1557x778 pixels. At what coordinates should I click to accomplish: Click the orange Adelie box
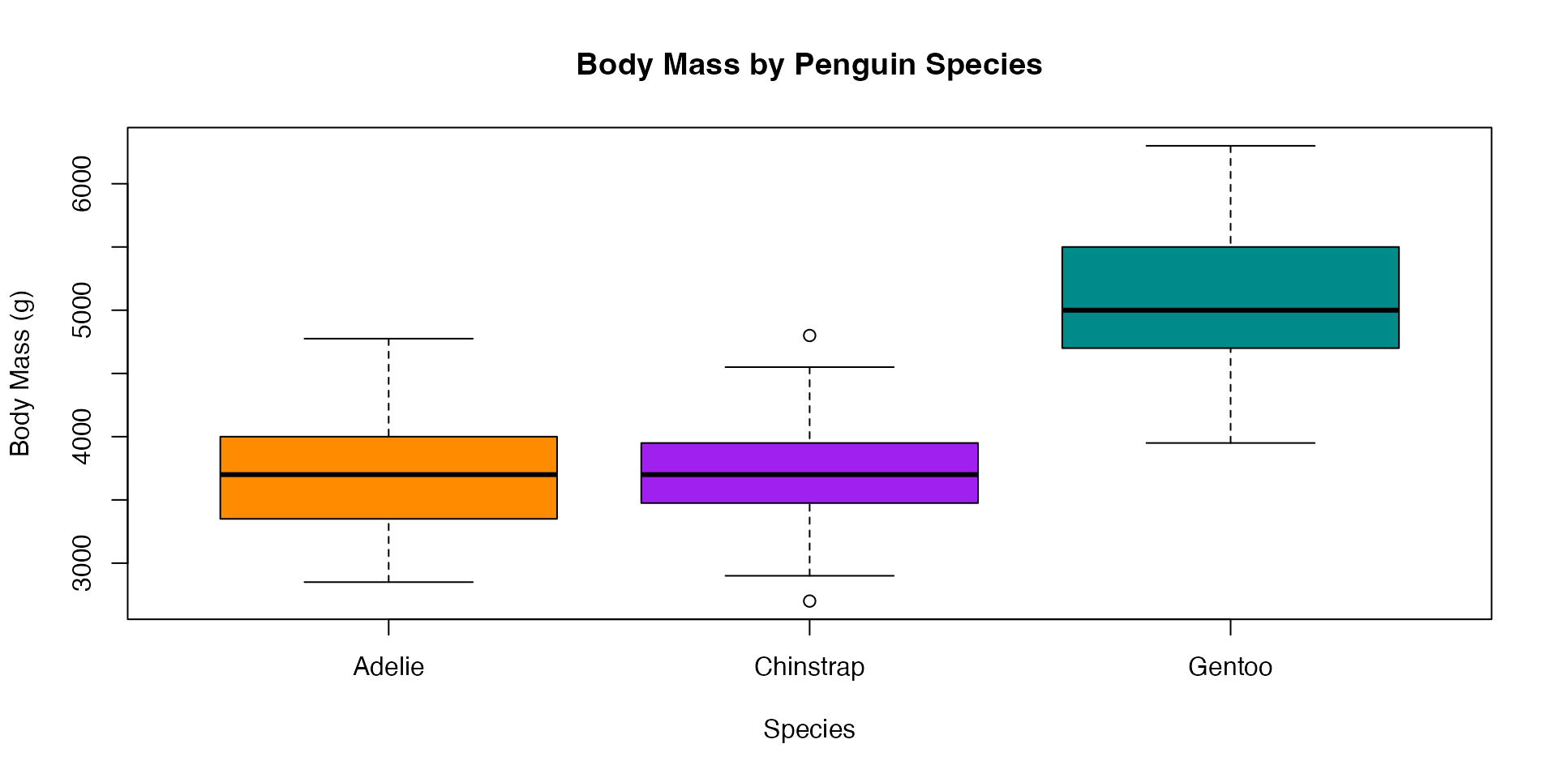tap(388, 496)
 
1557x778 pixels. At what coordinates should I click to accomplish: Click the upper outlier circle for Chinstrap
tap(809, 336)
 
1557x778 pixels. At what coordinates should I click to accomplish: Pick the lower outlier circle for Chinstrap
tap(809, 601)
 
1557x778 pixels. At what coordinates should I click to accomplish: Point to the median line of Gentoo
tap(1230, 310)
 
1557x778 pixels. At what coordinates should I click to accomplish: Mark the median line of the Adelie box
tap(388, 474)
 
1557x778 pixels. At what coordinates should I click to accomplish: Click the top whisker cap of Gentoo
tap(1230, 146)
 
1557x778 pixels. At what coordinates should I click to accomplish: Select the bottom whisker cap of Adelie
tap(388, 582)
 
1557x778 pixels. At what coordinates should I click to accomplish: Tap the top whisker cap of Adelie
tap(388, 339)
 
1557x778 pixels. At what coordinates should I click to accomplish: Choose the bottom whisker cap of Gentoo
tap(1230, 442)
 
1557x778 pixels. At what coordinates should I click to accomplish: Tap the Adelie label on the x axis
tap(388, 667)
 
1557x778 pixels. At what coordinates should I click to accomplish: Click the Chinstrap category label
tap(809, 667)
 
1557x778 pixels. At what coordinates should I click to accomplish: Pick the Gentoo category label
tap(1230, 667)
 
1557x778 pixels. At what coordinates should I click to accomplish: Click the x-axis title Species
tap(809, 729)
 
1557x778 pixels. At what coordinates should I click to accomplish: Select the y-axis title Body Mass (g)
tap(20, 374)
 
